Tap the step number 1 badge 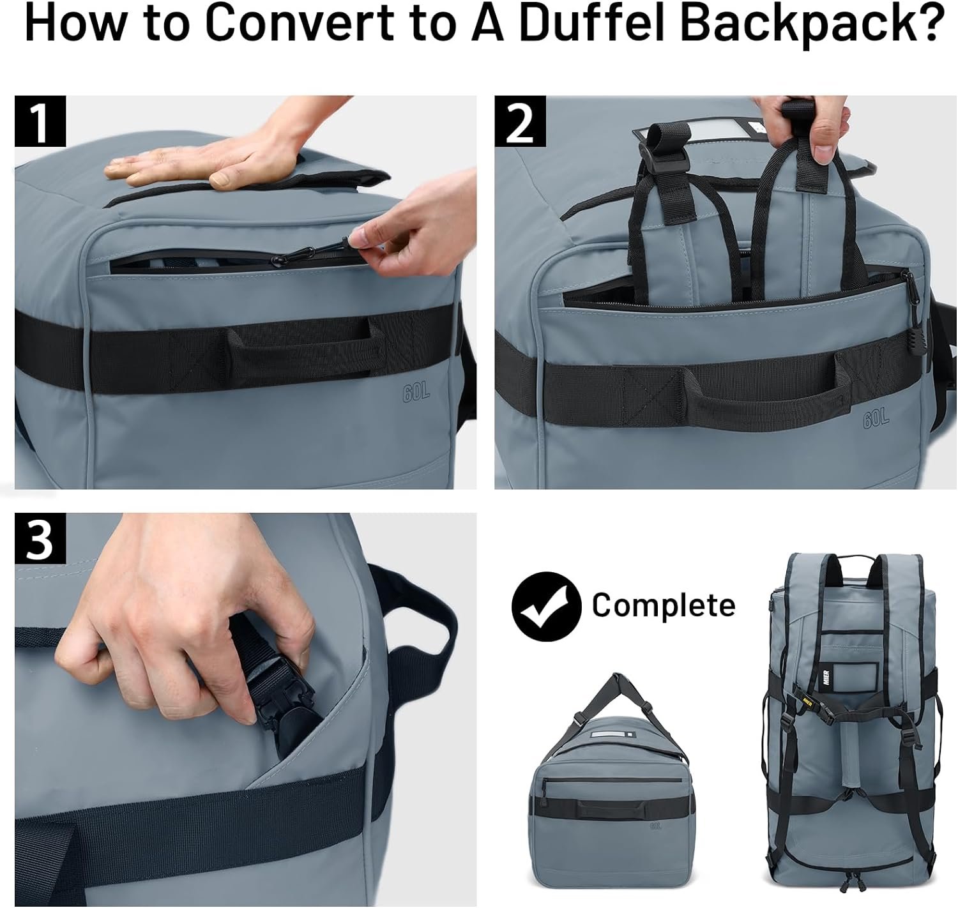[40, 121]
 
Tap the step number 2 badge [520, 121]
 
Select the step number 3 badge [40, 538]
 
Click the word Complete [663, 605]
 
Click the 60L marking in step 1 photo [416, 393]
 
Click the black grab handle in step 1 [300, 348]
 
